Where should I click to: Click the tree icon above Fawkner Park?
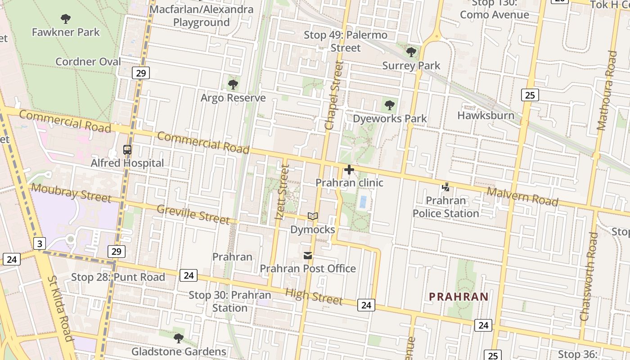tap(66, 18)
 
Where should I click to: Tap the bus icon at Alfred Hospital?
tap(127, 150)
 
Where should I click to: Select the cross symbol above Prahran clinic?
tap(349, 170)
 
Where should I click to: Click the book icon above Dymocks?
tap(313, 216)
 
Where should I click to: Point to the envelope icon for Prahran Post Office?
tap(308, 256)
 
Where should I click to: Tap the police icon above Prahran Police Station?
tap(445, 187)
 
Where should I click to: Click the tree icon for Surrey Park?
tap(411, 52)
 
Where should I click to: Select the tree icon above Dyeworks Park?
tap(390, 106)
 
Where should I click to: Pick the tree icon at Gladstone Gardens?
tap(179, 338)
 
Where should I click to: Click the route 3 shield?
tap(40, 244)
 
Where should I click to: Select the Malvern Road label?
tap(522, 197)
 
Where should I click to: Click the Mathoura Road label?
tap(607, 90)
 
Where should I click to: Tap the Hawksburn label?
tap(486, 115)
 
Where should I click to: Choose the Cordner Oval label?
tap(88, 62)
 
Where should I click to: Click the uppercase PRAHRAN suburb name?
tap(459, 297)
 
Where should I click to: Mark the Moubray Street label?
tap(71, 192)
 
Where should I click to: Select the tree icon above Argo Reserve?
tap(233, 84)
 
